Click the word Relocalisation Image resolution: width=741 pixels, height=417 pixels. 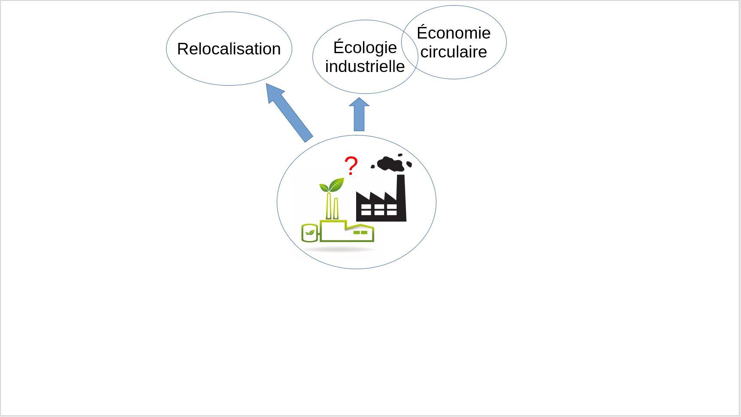(229, 49)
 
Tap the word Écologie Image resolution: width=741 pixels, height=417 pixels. (365, 47)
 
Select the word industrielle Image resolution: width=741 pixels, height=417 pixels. (365, 66)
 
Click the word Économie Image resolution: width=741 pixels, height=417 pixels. (454, 33)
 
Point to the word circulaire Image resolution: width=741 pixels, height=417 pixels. (454, 51)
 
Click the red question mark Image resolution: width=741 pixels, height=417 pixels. (351, 165)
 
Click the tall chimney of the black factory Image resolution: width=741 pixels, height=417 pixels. (401, 197)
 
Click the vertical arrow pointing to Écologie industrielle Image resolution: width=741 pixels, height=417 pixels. (359, 114)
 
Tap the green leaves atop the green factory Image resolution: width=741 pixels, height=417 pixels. (332, 185)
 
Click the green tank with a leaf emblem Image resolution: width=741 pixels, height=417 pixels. (310, 233)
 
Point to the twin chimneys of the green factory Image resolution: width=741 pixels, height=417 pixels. (332, 207)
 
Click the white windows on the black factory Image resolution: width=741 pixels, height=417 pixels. (379, 209)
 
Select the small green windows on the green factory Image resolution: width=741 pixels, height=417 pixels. (360, 233)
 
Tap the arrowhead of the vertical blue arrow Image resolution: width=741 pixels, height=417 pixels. (359, 102)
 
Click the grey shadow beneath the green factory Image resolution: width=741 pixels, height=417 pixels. (339, 249)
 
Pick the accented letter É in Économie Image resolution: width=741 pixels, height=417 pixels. (423, 33)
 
